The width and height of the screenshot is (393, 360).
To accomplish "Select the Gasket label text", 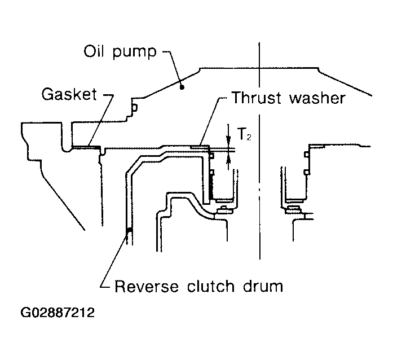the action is tap(69, 94).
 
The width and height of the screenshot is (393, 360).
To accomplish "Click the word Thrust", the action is tap(257, 98).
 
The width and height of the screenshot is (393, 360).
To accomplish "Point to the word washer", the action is tap(317, 98).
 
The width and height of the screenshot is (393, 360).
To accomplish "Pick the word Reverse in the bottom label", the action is tap(147, 286).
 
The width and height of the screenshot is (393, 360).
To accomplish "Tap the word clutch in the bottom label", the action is tap(210, 286).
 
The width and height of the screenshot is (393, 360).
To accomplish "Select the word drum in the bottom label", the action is tap(263, 286).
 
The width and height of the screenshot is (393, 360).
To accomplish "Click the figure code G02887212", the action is tap(58, 313).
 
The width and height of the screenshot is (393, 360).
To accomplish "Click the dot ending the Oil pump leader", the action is tap(183, 87).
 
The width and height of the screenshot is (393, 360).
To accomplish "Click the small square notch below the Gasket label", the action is tap(135, 108).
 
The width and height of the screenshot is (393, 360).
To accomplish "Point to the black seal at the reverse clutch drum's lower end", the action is tap(129, 231).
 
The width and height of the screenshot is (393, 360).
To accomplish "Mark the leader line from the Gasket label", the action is tap(101, 120).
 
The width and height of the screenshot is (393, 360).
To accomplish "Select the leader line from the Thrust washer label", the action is tap(210, 122).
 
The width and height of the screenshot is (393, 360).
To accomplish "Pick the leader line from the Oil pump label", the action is tap(173, 68).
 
